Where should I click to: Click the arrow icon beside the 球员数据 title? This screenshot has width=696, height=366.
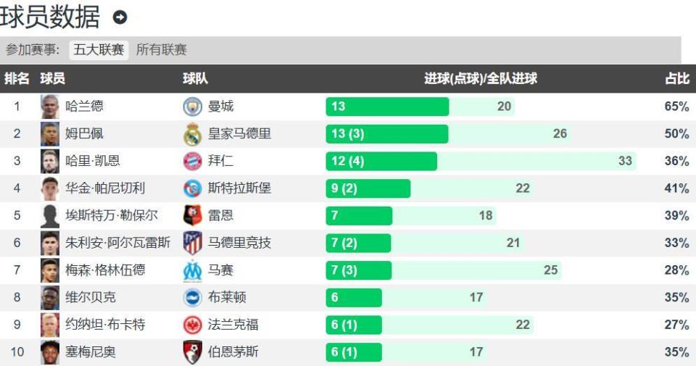(120, 17)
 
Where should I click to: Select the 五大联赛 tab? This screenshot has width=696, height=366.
(99, 50)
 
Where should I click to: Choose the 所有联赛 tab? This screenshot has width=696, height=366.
(162, 50)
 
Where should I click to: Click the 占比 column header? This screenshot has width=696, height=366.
(676, 78)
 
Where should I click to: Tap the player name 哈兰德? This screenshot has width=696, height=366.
(85, 107)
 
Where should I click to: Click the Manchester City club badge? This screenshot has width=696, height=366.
(192, 107)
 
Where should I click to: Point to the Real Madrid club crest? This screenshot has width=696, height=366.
(192, 134)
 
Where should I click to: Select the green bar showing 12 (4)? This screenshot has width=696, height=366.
(381, 161)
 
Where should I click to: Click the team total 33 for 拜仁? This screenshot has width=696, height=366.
(625, 161)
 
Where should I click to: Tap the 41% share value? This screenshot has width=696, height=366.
(676, 188)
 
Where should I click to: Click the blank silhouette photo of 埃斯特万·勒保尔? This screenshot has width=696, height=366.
(50, 216)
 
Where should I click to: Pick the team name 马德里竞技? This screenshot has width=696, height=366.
(239, 243)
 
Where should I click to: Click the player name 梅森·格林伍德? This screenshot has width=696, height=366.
(105, 270)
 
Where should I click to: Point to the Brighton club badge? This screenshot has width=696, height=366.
(192, 297)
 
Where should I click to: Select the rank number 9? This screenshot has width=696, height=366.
(17, 325)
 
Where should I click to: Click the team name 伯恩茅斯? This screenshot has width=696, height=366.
(233, 352)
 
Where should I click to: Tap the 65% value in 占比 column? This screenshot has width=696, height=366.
(676, 107)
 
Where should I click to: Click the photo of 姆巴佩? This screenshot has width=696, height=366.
(50, 134)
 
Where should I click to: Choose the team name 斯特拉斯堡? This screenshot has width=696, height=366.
(239, 188)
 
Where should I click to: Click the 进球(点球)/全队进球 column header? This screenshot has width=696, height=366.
(480, 78)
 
